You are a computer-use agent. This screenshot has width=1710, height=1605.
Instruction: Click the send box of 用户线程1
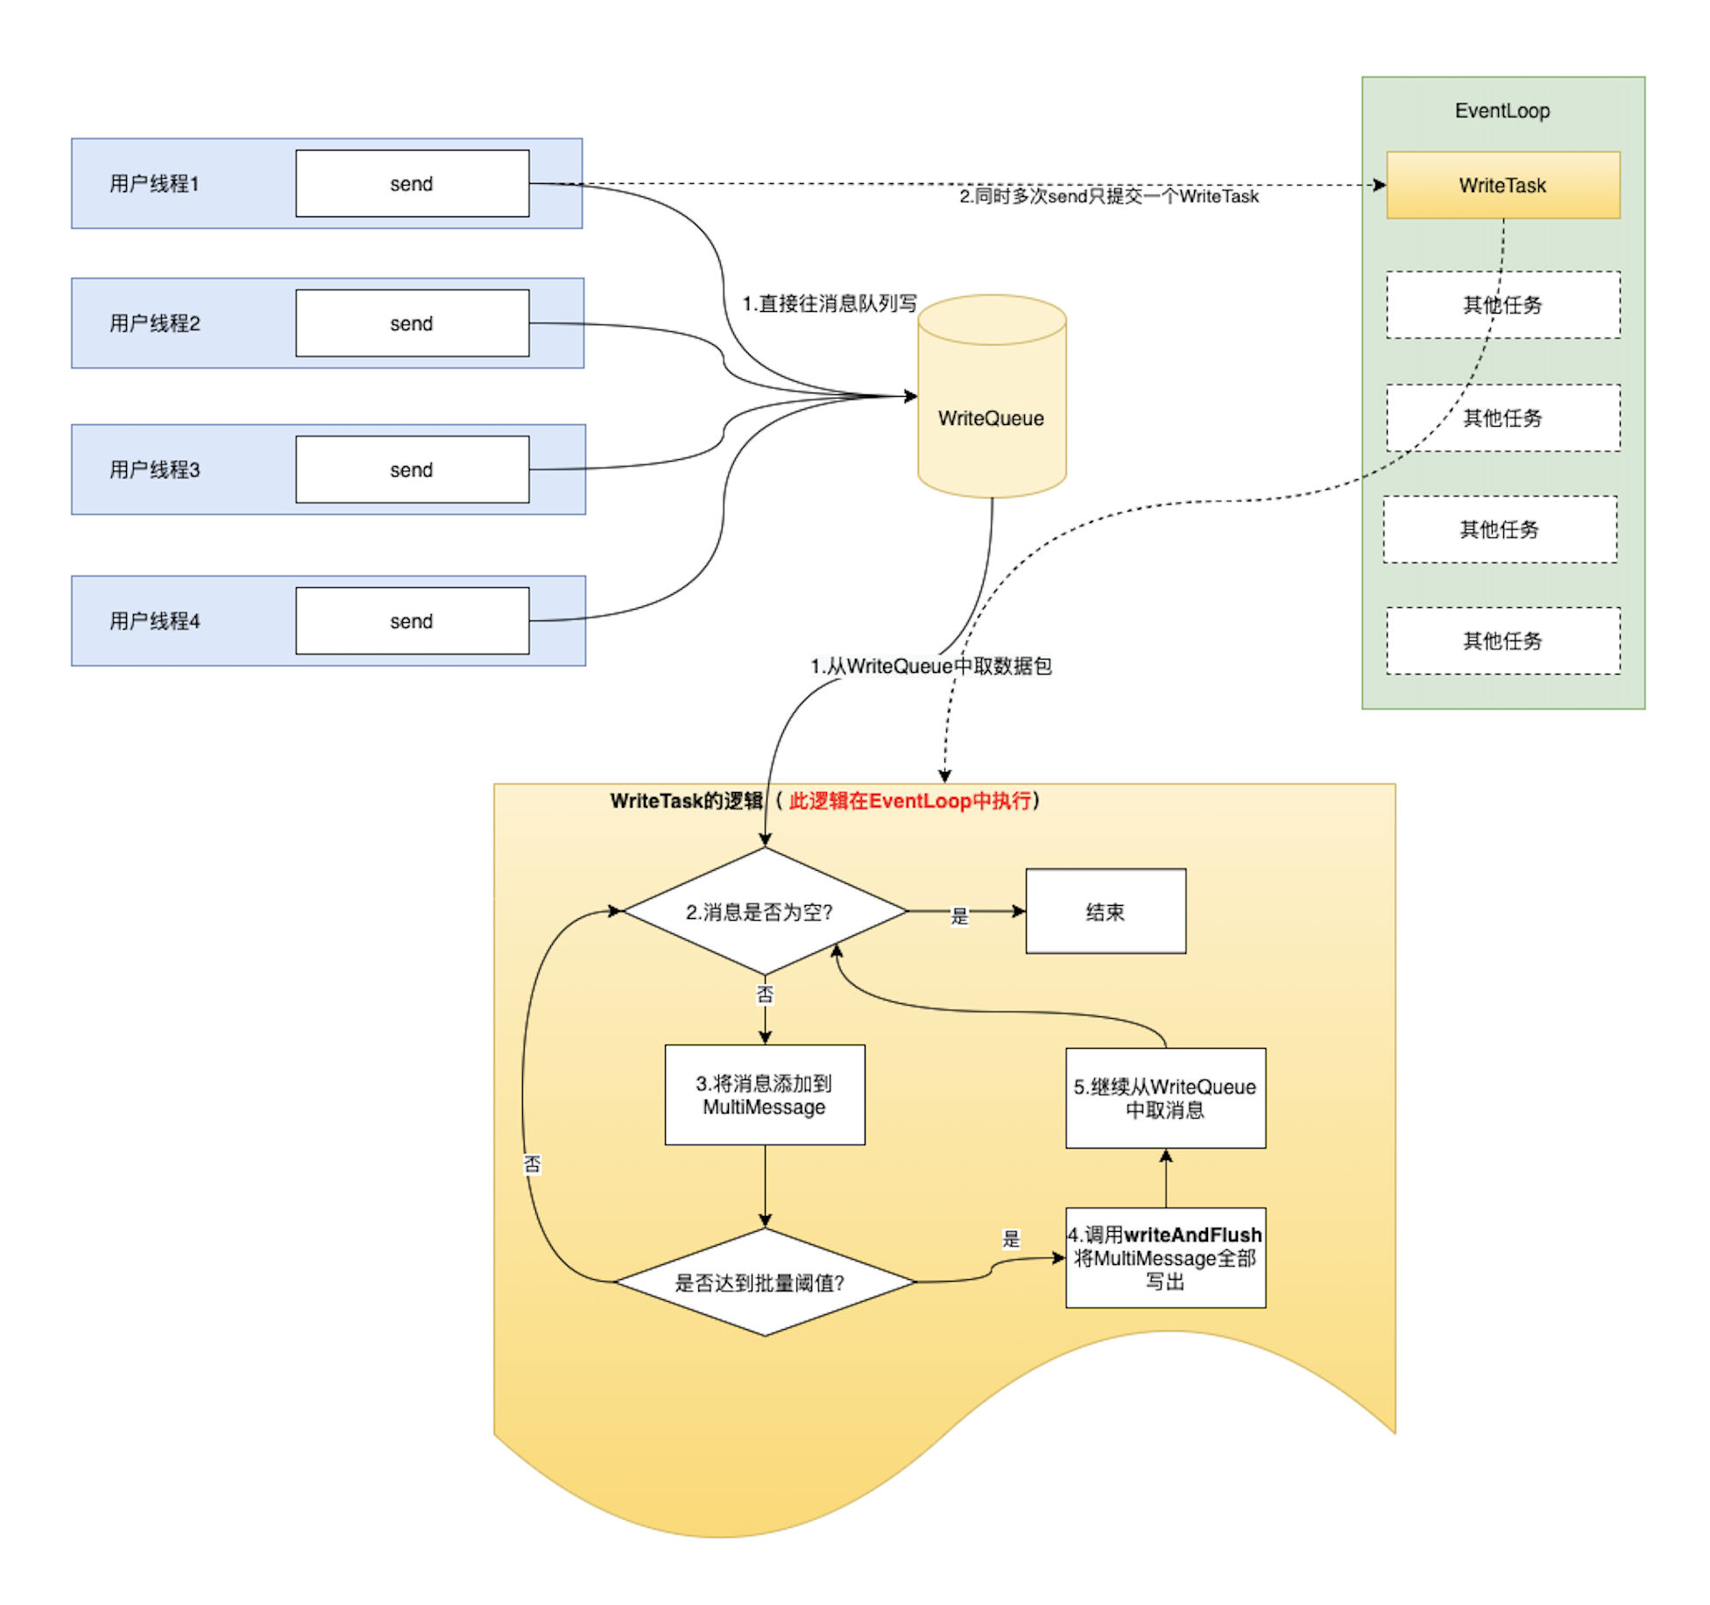[412, 183]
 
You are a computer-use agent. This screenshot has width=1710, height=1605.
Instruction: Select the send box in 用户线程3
[412, 470]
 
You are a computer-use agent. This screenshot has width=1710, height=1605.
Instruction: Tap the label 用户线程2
[154, 323]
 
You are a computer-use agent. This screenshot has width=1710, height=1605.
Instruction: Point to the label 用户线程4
[154, 621]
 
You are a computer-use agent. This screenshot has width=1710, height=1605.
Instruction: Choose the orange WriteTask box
[1502, 185]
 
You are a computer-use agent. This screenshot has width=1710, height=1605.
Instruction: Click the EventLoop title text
[1502, 110]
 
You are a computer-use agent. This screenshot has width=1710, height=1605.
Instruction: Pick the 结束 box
[1106, 911]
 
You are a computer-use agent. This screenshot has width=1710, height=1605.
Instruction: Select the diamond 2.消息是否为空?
[764, 911]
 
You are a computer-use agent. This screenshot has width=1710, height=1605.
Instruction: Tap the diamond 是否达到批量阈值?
[764, 1283]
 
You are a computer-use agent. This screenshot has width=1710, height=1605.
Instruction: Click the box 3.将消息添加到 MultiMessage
[764, 1094]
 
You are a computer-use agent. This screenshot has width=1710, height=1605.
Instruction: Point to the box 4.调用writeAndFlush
[1165, 1258]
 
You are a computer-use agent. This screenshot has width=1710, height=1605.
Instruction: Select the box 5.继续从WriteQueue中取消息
[1165, 1098]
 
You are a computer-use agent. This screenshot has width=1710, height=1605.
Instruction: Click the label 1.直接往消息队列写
[829, 303]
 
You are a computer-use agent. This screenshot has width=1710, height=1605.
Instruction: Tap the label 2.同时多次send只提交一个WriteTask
[1108, 196]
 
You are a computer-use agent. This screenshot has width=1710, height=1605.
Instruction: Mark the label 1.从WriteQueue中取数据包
[930, 666]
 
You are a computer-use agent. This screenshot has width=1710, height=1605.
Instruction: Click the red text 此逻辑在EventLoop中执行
[909, 801]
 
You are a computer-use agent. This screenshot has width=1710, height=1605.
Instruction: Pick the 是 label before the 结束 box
[960, 916]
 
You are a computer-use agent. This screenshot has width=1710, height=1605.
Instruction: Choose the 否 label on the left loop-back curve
[533, 1163]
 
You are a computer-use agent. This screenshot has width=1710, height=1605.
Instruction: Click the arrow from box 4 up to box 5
[1166, 1178]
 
